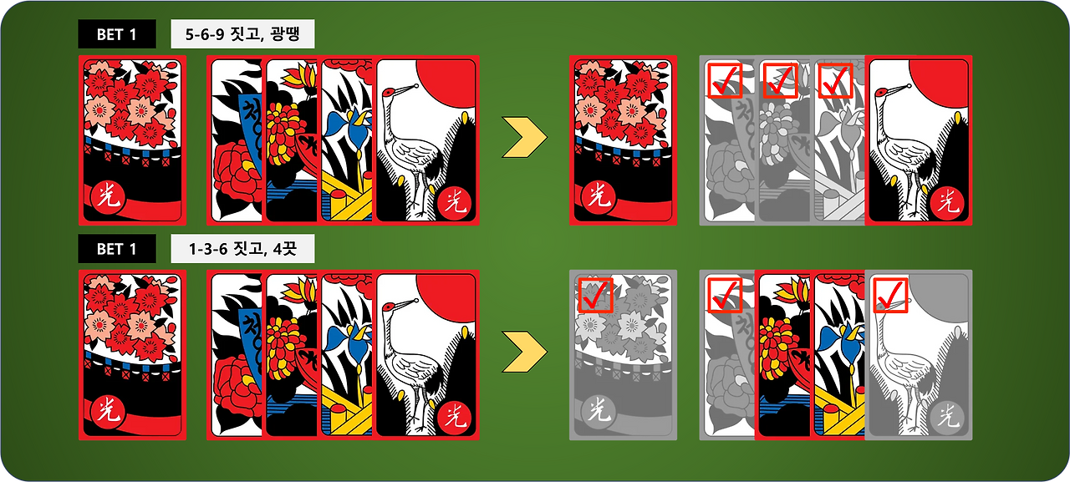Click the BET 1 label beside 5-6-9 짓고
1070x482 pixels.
point(116,34)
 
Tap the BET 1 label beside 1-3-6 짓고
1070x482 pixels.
point(116,249)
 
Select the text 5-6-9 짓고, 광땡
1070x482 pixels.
point(242,34)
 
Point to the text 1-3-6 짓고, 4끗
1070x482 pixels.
point(242,249)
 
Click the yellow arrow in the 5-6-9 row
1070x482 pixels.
point(524,139)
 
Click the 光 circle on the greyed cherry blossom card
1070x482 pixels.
point(596,409)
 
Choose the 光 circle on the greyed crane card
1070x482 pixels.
point(947,414)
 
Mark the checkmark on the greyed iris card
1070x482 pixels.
point(834,80)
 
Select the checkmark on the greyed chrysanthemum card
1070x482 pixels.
point(779,80)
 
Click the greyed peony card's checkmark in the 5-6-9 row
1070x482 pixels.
point(724,80)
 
